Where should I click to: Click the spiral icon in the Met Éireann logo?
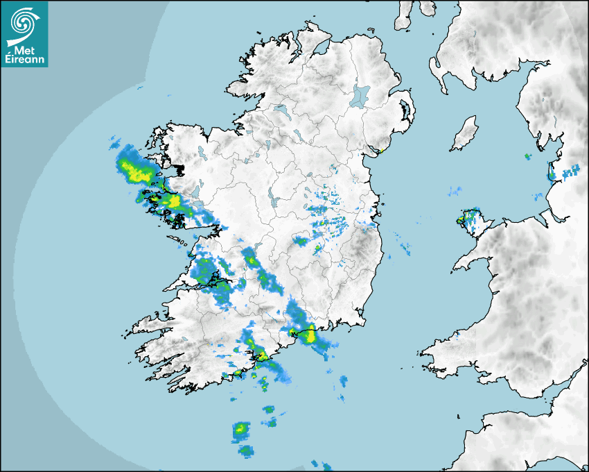click(x=24, y=23)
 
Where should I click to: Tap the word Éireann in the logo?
click(x=26, y=60)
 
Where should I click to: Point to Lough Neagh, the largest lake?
click(x=360, y=95)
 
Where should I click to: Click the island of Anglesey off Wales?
click(x=471, y=221)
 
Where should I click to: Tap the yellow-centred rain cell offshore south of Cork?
click(x=240, y=430)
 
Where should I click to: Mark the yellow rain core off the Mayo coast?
click(x=128, y=166)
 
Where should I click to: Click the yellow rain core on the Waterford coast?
click(x=310, y=335)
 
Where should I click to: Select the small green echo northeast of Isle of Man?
click(x=527, y=156)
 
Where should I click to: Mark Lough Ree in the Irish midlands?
click(x=274, y=202)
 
